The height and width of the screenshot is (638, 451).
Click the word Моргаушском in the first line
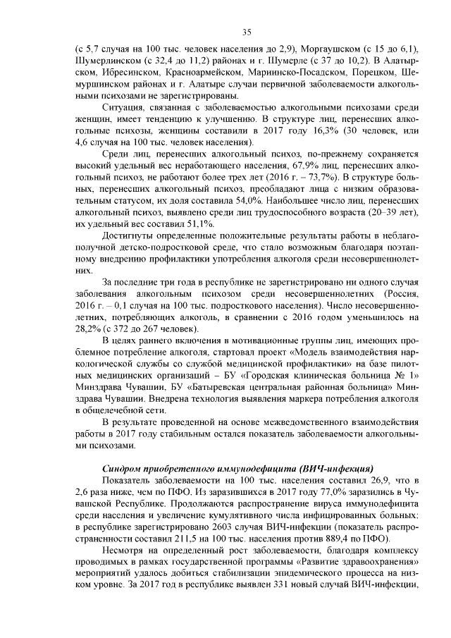330,49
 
